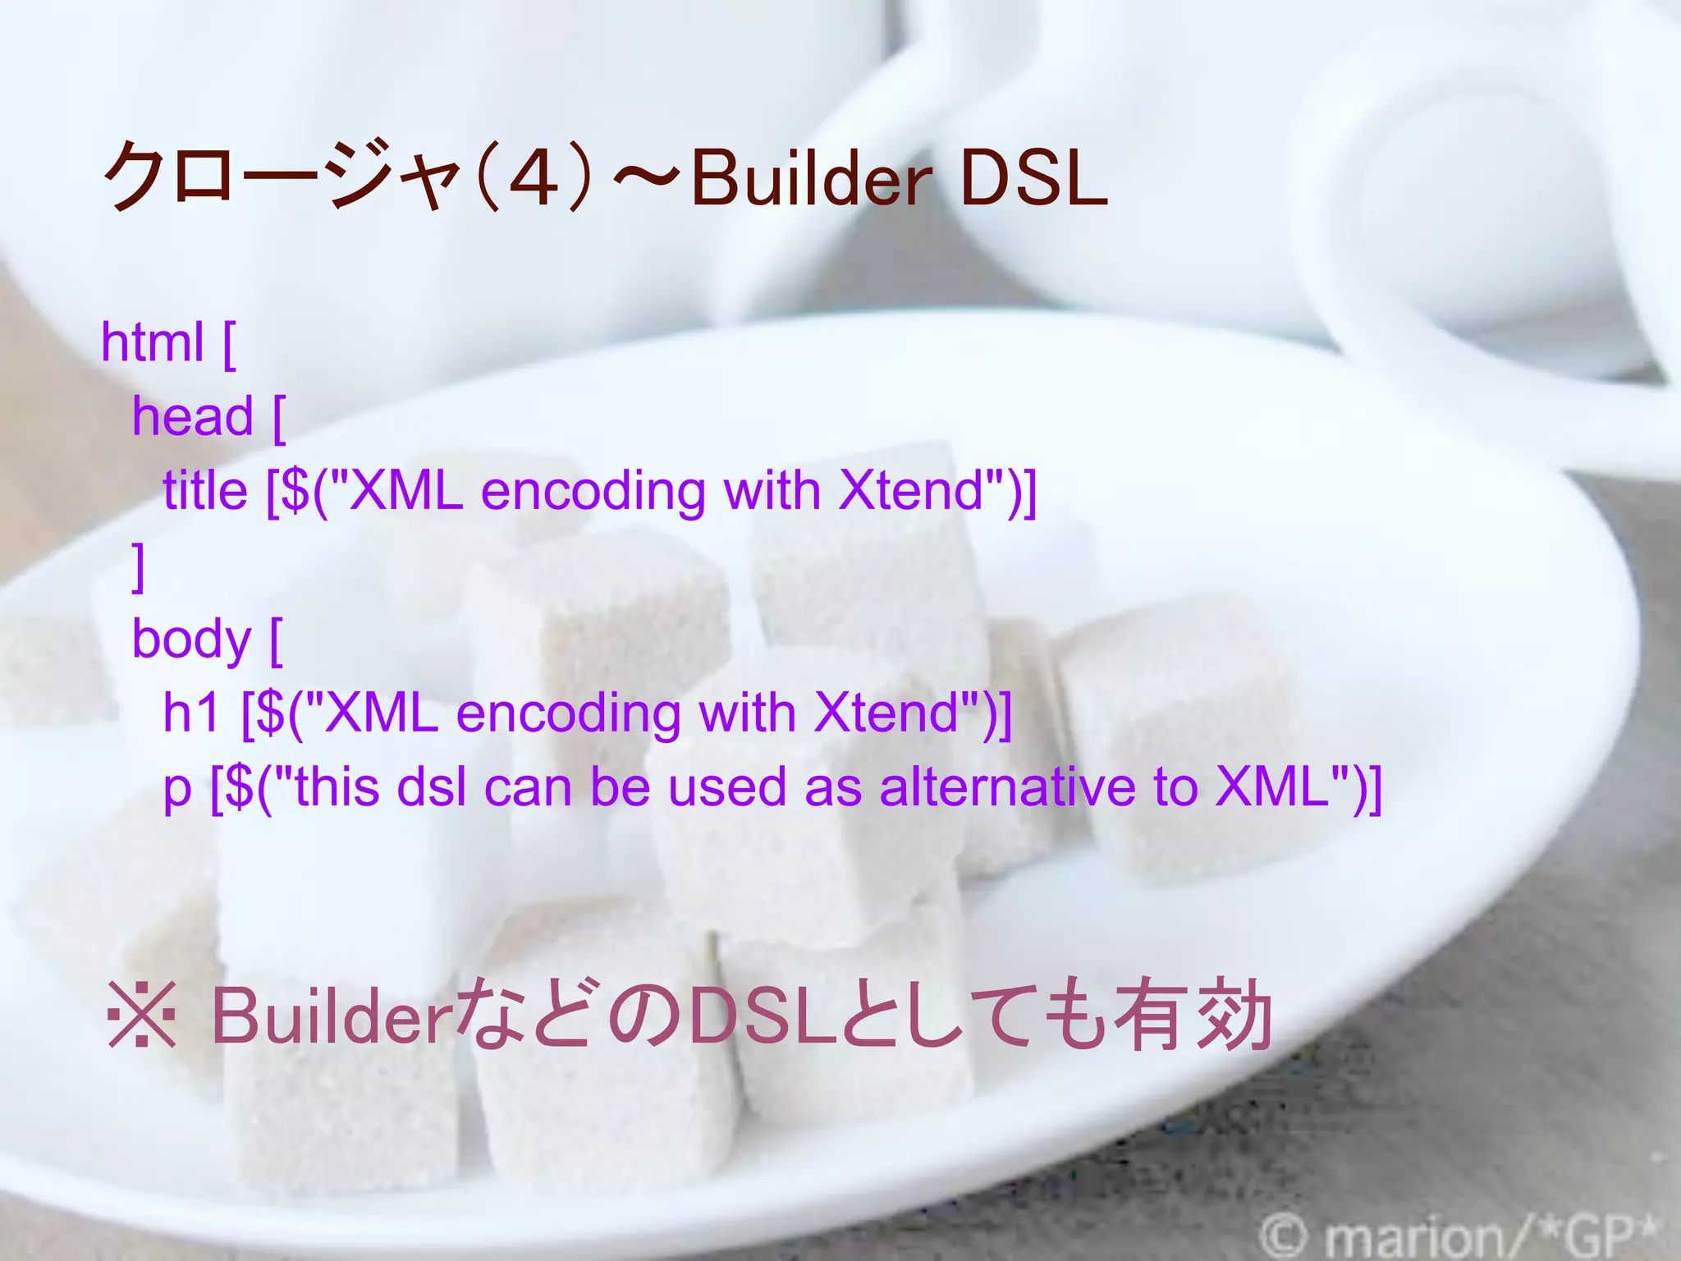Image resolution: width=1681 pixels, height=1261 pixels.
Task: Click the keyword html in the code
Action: [x=152, y=342]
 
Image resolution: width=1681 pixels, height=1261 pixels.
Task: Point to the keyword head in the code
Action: [x=193, y=416]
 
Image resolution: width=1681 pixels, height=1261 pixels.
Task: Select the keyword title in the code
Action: [x=205, y=491]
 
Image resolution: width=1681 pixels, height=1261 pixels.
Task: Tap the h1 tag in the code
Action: [x=191, y=712]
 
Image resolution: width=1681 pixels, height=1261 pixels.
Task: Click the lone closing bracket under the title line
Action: [x=139, y=566]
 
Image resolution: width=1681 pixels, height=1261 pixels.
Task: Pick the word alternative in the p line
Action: [x=1009, y=786]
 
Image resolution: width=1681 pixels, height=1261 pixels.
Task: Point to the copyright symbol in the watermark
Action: [x=1282, y=1236]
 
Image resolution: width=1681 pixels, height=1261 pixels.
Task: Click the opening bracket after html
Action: [x=229, y=345]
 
